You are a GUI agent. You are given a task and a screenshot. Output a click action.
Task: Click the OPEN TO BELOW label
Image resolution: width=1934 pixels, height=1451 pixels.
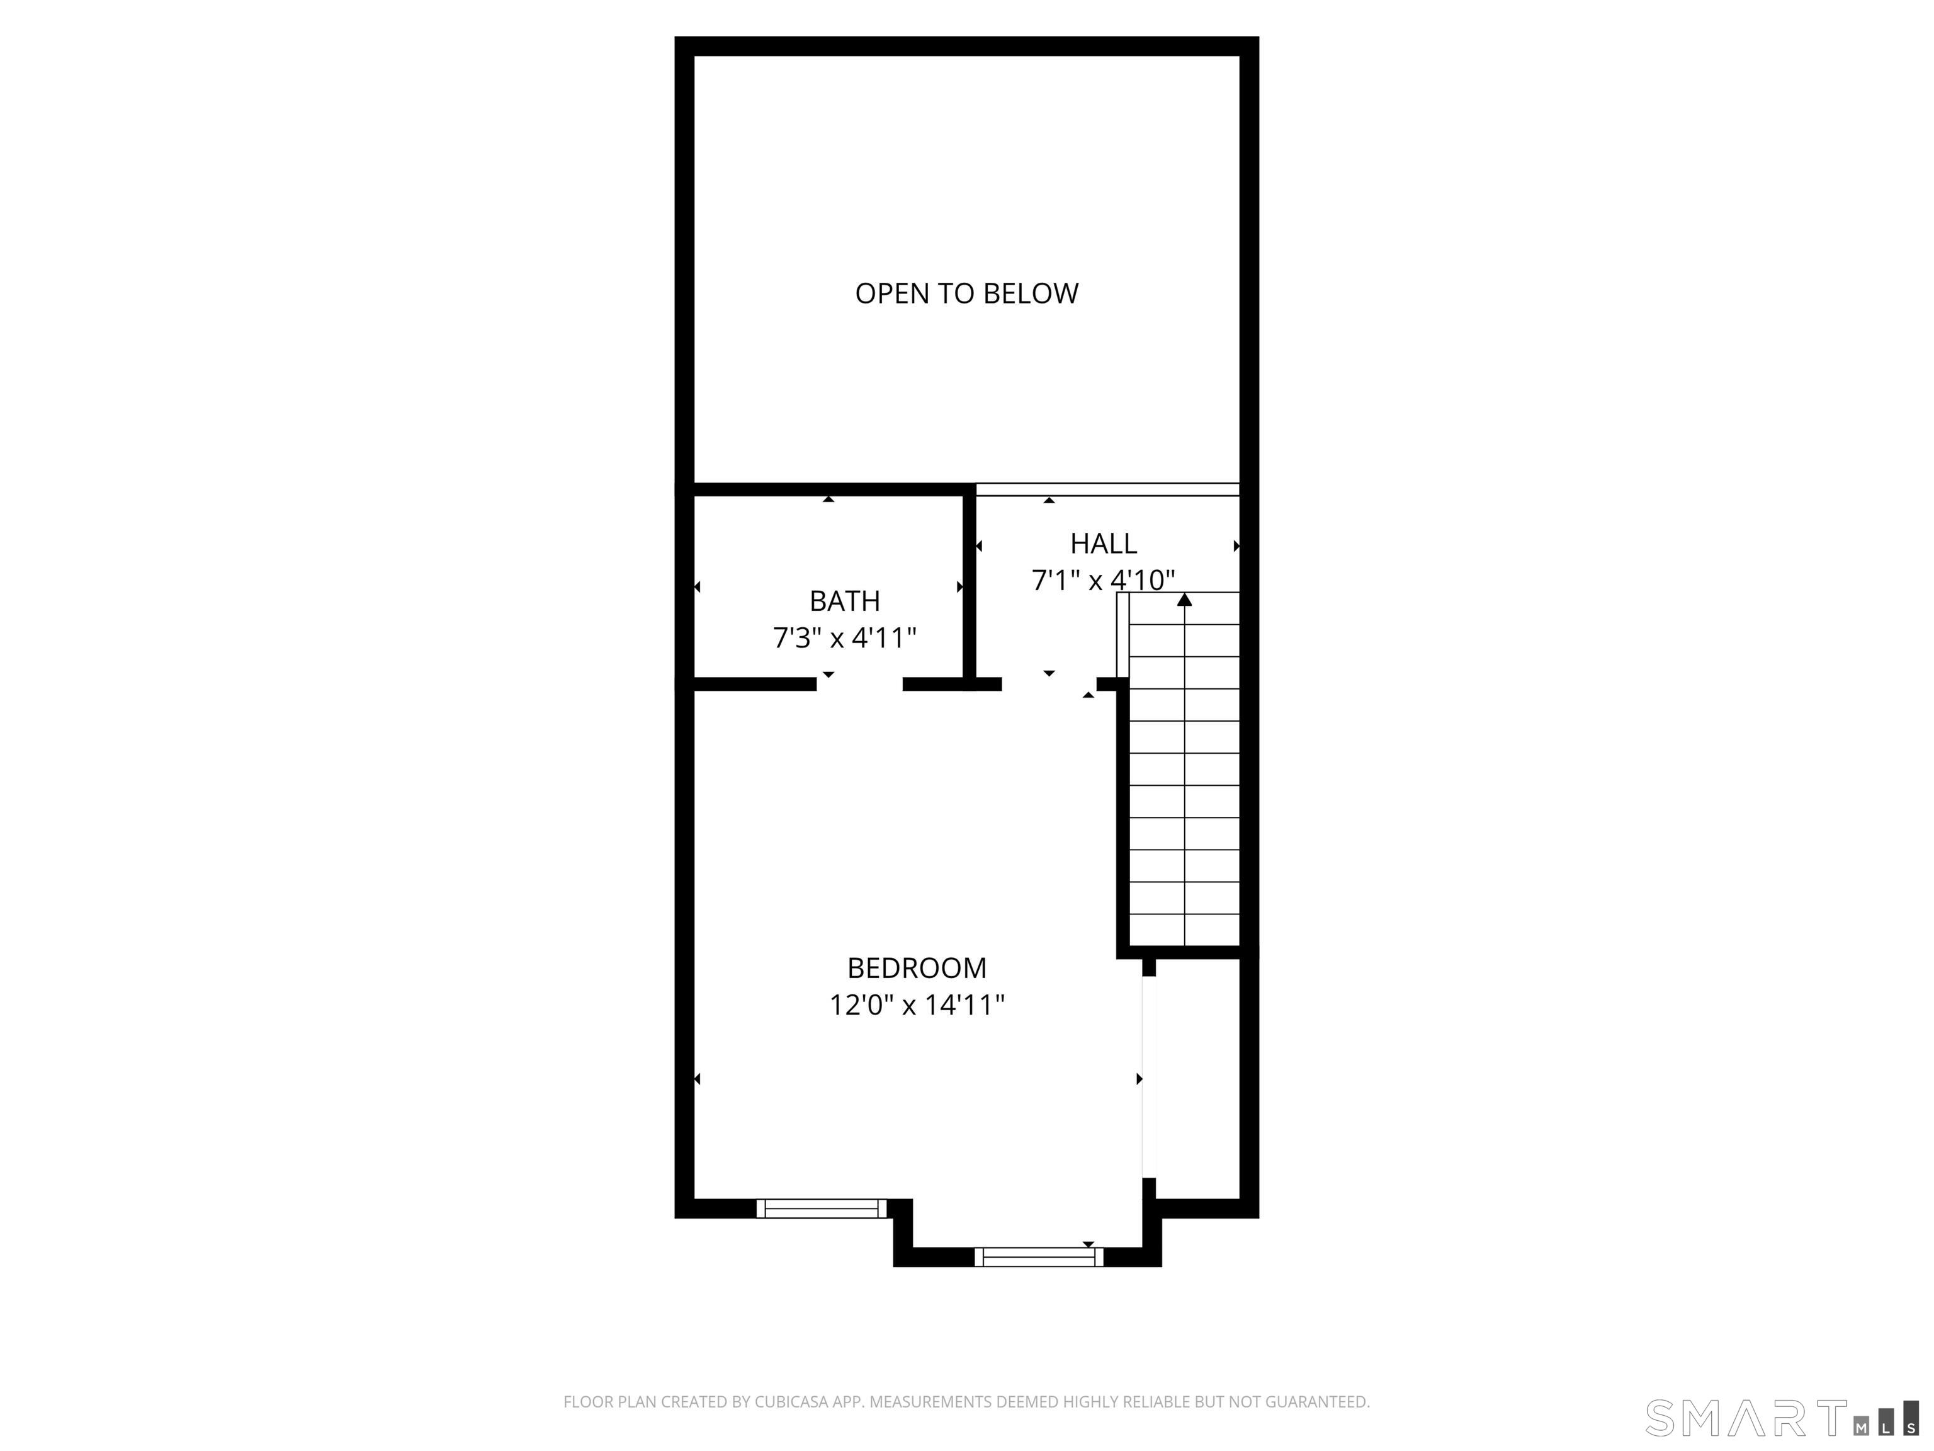coord(966,293)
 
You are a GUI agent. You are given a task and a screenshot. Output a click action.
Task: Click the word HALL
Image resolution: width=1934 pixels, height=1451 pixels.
coord(1104,543)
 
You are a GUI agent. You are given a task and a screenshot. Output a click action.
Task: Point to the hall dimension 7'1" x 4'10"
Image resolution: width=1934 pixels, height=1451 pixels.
coord(1104,580)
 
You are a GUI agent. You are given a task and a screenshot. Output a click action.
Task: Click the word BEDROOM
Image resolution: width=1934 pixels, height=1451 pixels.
coord(916,967)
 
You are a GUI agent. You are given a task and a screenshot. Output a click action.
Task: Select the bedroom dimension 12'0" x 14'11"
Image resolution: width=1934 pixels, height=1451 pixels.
coord(916,1005)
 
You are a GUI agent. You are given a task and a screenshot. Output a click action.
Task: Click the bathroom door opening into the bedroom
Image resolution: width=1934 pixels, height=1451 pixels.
coord(859,684)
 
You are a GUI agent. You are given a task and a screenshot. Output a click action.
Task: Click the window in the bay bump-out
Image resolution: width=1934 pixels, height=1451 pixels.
coord(1039,1257)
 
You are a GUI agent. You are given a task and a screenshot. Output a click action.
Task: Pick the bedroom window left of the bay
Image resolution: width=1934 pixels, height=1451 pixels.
coord(821,1209)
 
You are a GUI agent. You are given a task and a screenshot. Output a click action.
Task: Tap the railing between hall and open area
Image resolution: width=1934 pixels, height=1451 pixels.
coord(1107,489)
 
